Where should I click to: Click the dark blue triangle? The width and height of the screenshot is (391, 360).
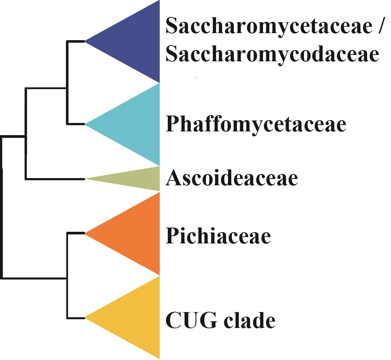pyautogui.click(x=135, y=41)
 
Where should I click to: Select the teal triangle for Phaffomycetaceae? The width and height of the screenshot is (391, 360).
pyautogui.click(x=135, y=124)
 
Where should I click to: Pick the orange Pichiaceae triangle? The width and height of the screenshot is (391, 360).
pyautogui.click(x=135, y=234)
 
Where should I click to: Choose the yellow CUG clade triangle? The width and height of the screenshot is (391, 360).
pyautogui.click(x=135, y=318)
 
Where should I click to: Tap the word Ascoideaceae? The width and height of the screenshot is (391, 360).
pyautogui.click(x=232, y=178)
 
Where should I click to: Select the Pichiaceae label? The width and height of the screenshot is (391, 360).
pyautogui.click(x=218, y=235)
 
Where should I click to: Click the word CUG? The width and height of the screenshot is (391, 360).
pyautogui.click(x=191, y=320)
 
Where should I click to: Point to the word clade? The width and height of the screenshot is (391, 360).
pyautogui.click(x=249, y=319)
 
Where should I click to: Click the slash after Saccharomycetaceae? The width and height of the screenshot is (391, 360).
pyautogui.click(x=380, y=25)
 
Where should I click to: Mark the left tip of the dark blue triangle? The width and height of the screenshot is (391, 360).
pyautogui.click(x=85, y=41)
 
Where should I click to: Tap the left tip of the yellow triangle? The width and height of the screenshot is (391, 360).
pyautogui.click(x=85, y=318)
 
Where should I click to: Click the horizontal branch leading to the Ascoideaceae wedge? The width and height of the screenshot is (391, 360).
pyautogui.click(x=55, y=179)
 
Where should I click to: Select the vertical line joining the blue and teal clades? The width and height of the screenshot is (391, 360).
pyautogui.click(x=67, y=83)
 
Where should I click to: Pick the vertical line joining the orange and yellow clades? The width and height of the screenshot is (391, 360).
pyautogui.click(x=67, y=275)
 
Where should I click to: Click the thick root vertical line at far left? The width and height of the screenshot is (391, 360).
pyautogui.click(x=2, y=207)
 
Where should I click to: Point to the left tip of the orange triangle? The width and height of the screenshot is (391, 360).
pyautogui.click(x=85, y=234)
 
